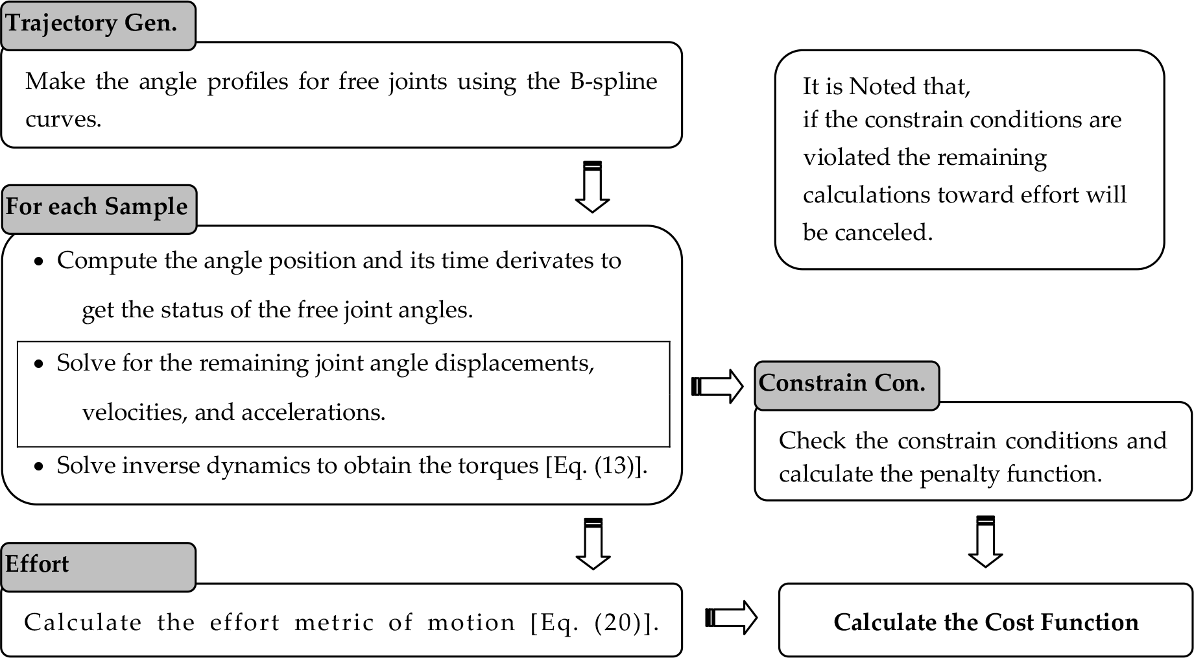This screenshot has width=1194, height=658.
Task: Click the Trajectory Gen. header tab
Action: click(98, 25)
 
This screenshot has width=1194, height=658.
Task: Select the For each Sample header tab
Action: click(99, 209)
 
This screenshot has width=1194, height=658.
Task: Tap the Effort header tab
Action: click(98, 567)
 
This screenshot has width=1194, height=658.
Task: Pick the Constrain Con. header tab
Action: click(847, 385)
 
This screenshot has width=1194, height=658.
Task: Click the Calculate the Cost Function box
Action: click(986, 620)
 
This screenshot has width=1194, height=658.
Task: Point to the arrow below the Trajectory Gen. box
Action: click(592, 187)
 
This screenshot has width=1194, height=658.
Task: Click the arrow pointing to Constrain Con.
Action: click(717, 386)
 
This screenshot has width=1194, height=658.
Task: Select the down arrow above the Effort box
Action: click(593, 544)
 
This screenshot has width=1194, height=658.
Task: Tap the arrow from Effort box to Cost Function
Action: click(731, 617)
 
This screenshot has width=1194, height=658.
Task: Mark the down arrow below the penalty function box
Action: click(985, 542)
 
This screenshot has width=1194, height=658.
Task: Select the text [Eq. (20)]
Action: click(595, 623)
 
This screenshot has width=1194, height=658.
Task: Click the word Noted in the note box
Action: click(886, 86)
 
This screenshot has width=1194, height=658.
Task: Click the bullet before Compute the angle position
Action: click(40, 262)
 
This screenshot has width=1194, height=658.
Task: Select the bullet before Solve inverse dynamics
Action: click(40, 467)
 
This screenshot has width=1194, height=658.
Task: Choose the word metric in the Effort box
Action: click(334, 623)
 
